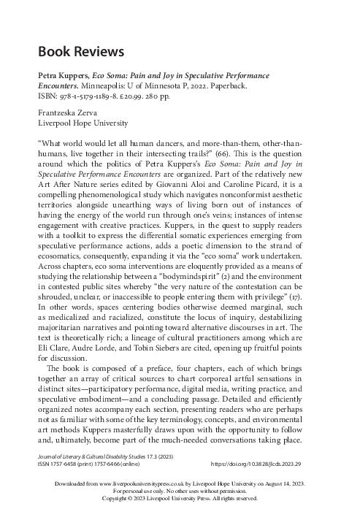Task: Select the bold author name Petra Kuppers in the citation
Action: point(61,76)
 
